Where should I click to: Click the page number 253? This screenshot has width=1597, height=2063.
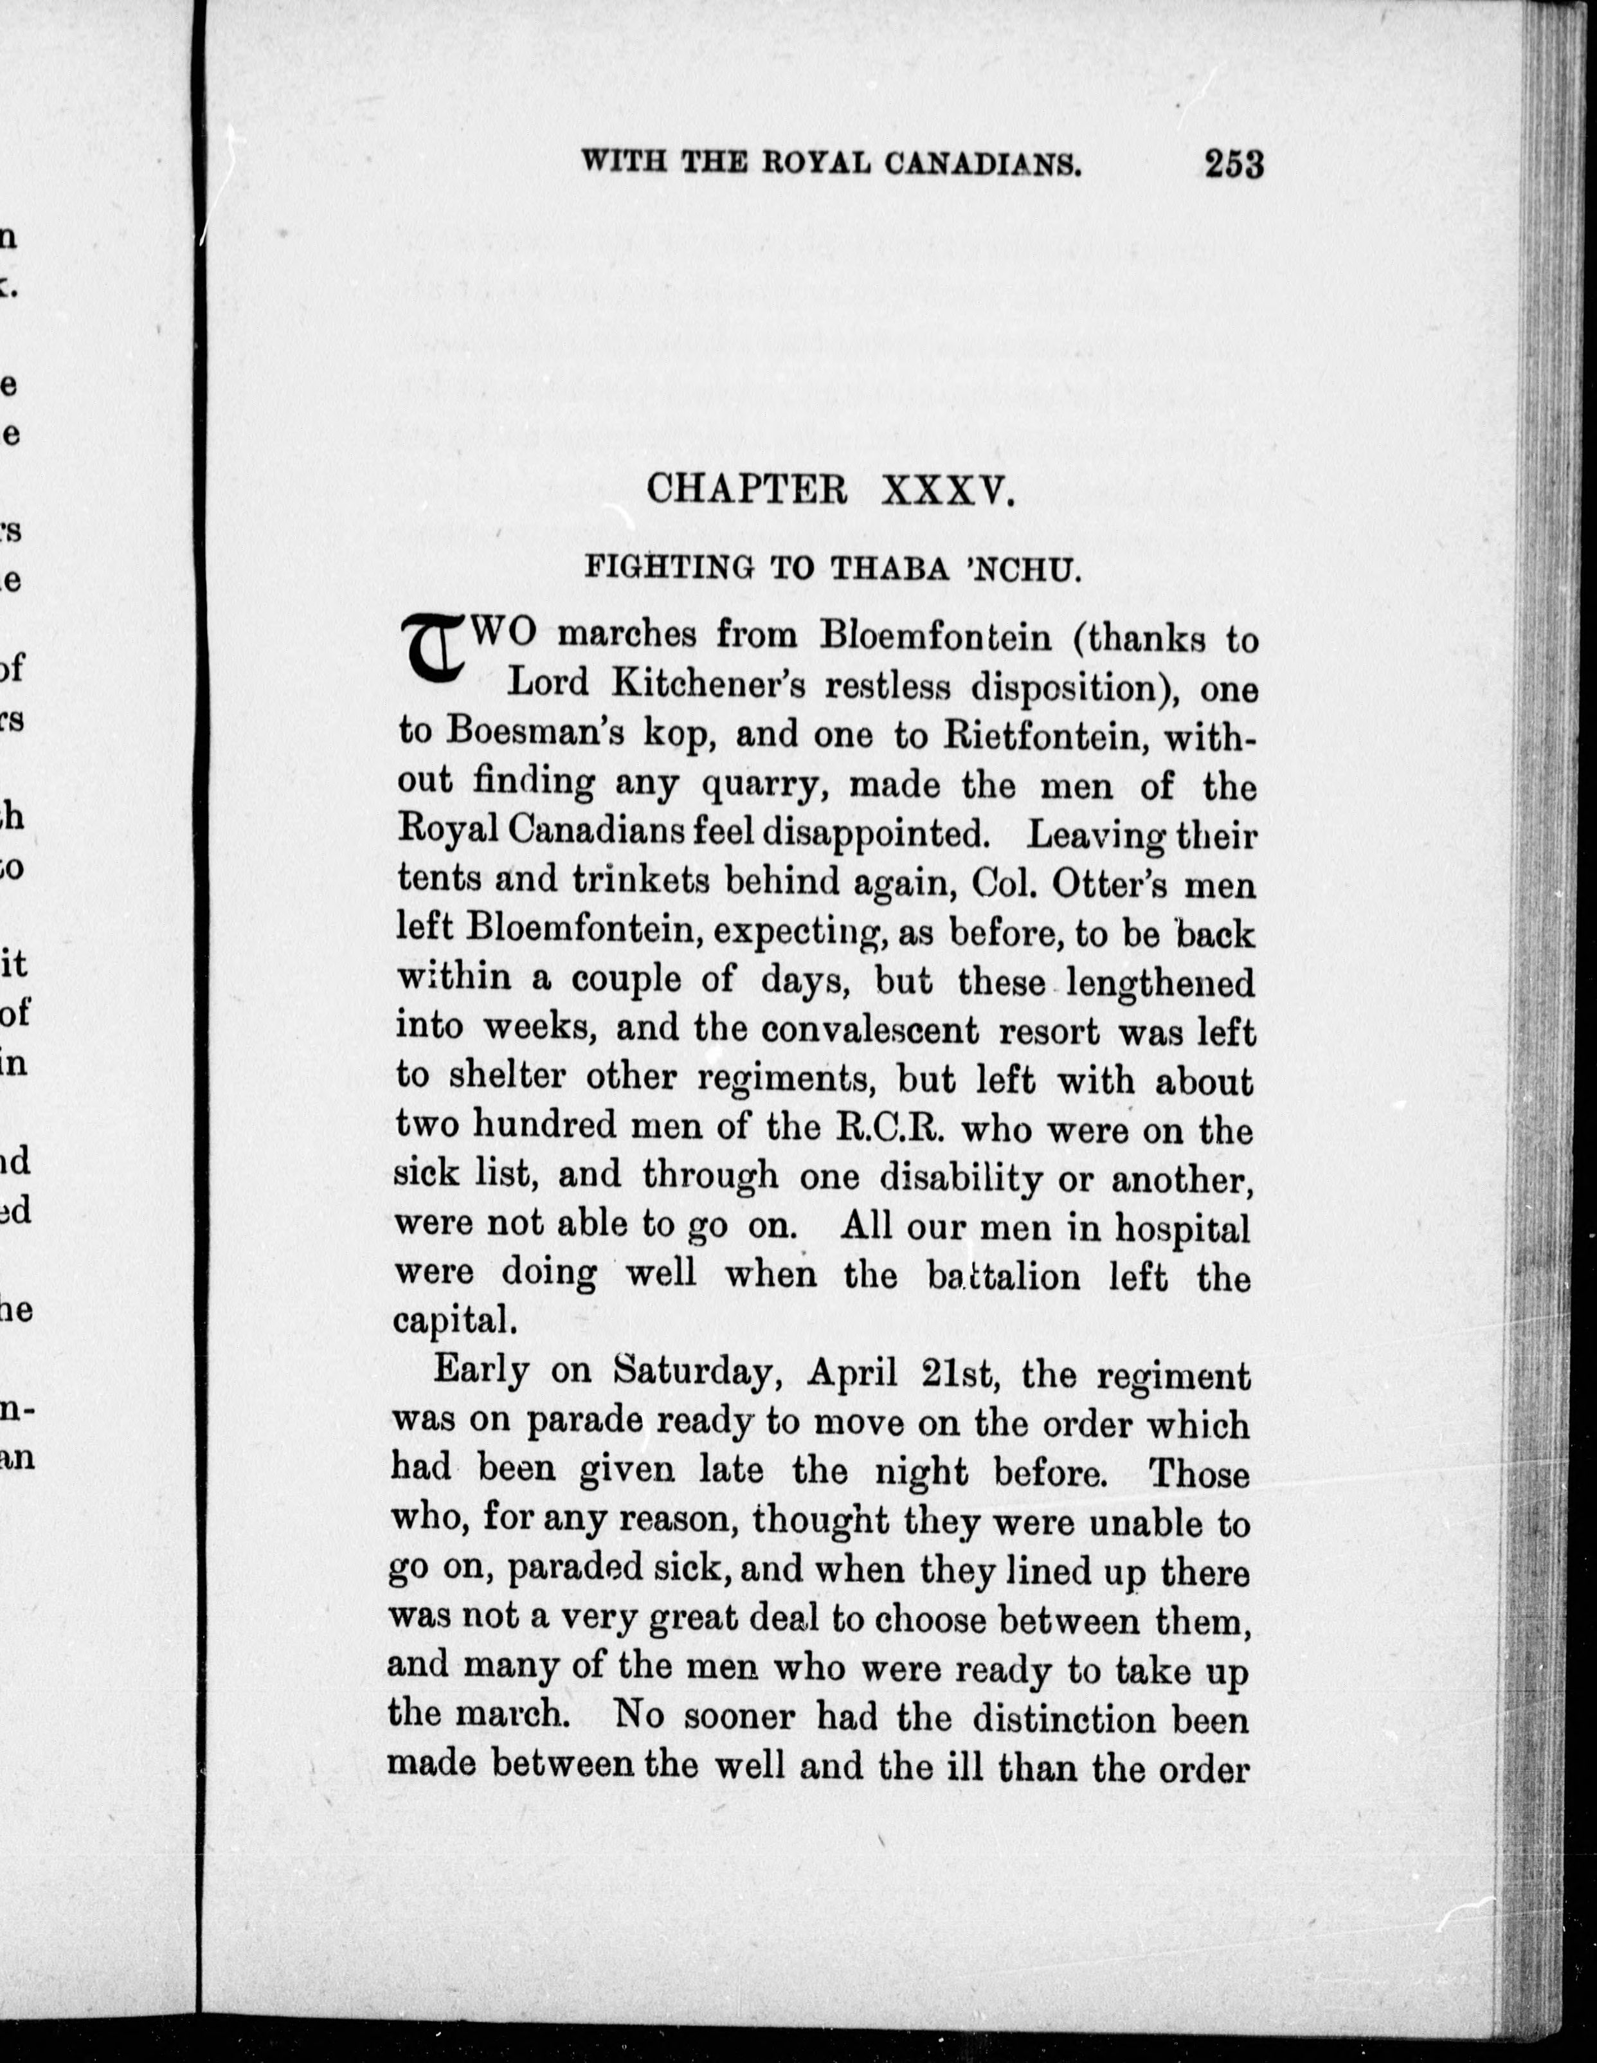(1233, 165)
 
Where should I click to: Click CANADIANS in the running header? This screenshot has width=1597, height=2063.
(983, 165)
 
